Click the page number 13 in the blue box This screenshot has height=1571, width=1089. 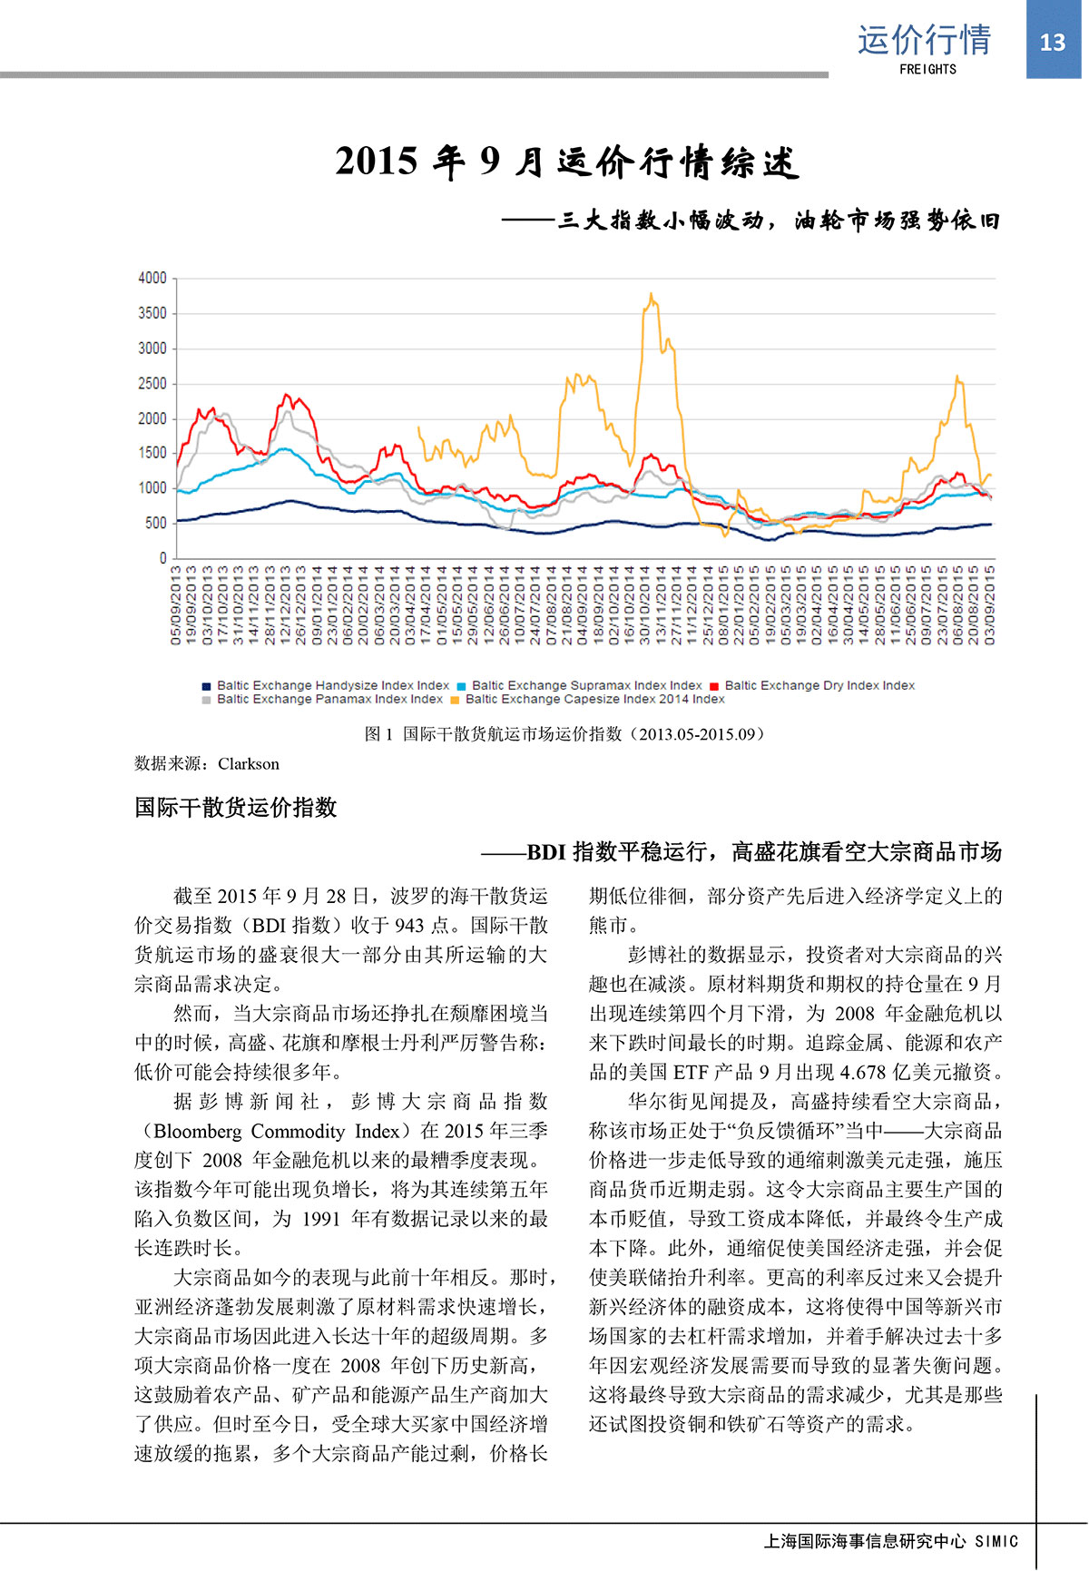coord(1052,42)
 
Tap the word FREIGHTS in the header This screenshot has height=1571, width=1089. coord(927,69)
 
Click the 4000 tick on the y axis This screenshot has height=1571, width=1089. coord(152,278)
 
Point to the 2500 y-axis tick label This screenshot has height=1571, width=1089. coord(152,383)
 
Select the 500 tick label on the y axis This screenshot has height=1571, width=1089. coord(156,524)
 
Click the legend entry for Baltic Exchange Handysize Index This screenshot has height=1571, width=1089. coord(332,685)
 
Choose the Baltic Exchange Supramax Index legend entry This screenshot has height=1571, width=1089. coord(586,685)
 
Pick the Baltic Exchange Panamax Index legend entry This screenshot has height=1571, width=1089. coord(329,699)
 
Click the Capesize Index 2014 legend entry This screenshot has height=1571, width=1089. coord(594,699)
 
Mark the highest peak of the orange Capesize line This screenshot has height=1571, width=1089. coord(652,294)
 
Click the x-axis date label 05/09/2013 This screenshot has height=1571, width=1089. coord(176,605)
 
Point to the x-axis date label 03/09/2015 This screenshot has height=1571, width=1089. coord(990,605)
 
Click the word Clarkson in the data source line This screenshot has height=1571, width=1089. coord(249,764)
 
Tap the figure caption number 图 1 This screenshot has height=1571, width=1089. coord(378,734)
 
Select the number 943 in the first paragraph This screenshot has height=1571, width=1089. coord(410,926)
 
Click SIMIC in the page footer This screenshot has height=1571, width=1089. coord(996,1541)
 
